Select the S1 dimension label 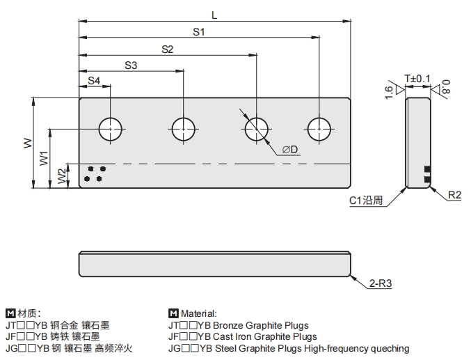click(198, 31)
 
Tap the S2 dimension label click(167, 49)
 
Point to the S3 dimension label click(131, 65)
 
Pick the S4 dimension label click(94, 81)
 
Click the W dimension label click(27, 143)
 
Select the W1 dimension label click(44, 159)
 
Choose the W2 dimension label click(61, 175)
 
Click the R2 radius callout click(454, 196)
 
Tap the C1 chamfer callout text click(366, 202)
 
